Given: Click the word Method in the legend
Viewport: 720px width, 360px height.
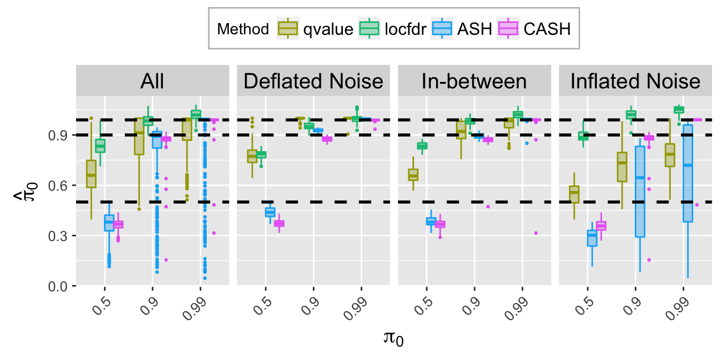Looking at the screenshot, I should pyautogui.click(x=243, y=29).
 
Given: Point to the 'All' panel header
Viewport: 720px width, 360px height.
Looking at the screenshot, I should pyautogui.click(x=152, y=81).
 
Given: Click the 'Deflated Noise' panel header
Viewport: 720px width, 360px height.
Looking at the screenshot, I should pyautogui.click(x=313, y=81).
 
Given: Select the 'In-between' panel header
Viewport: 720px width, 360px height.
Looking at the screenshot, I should pyautogui.click(x=474, y=81).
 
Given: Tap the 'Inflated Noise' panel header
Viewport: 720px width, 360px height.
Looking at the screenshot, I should pyautogui.click(x=635, y=81).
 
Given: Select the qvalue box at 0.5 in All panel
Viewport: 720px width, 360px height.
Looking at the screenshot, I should pyautogui.click(x=92, y=174).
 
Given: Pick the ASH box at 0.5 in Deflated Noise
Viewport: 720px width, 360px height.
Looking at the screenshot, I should pyautogui.click(x=270, y=212).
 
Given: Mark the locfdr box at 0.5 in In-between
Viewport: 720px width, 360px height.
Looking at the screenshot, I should pyautogui.click(x=422, y=145).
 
